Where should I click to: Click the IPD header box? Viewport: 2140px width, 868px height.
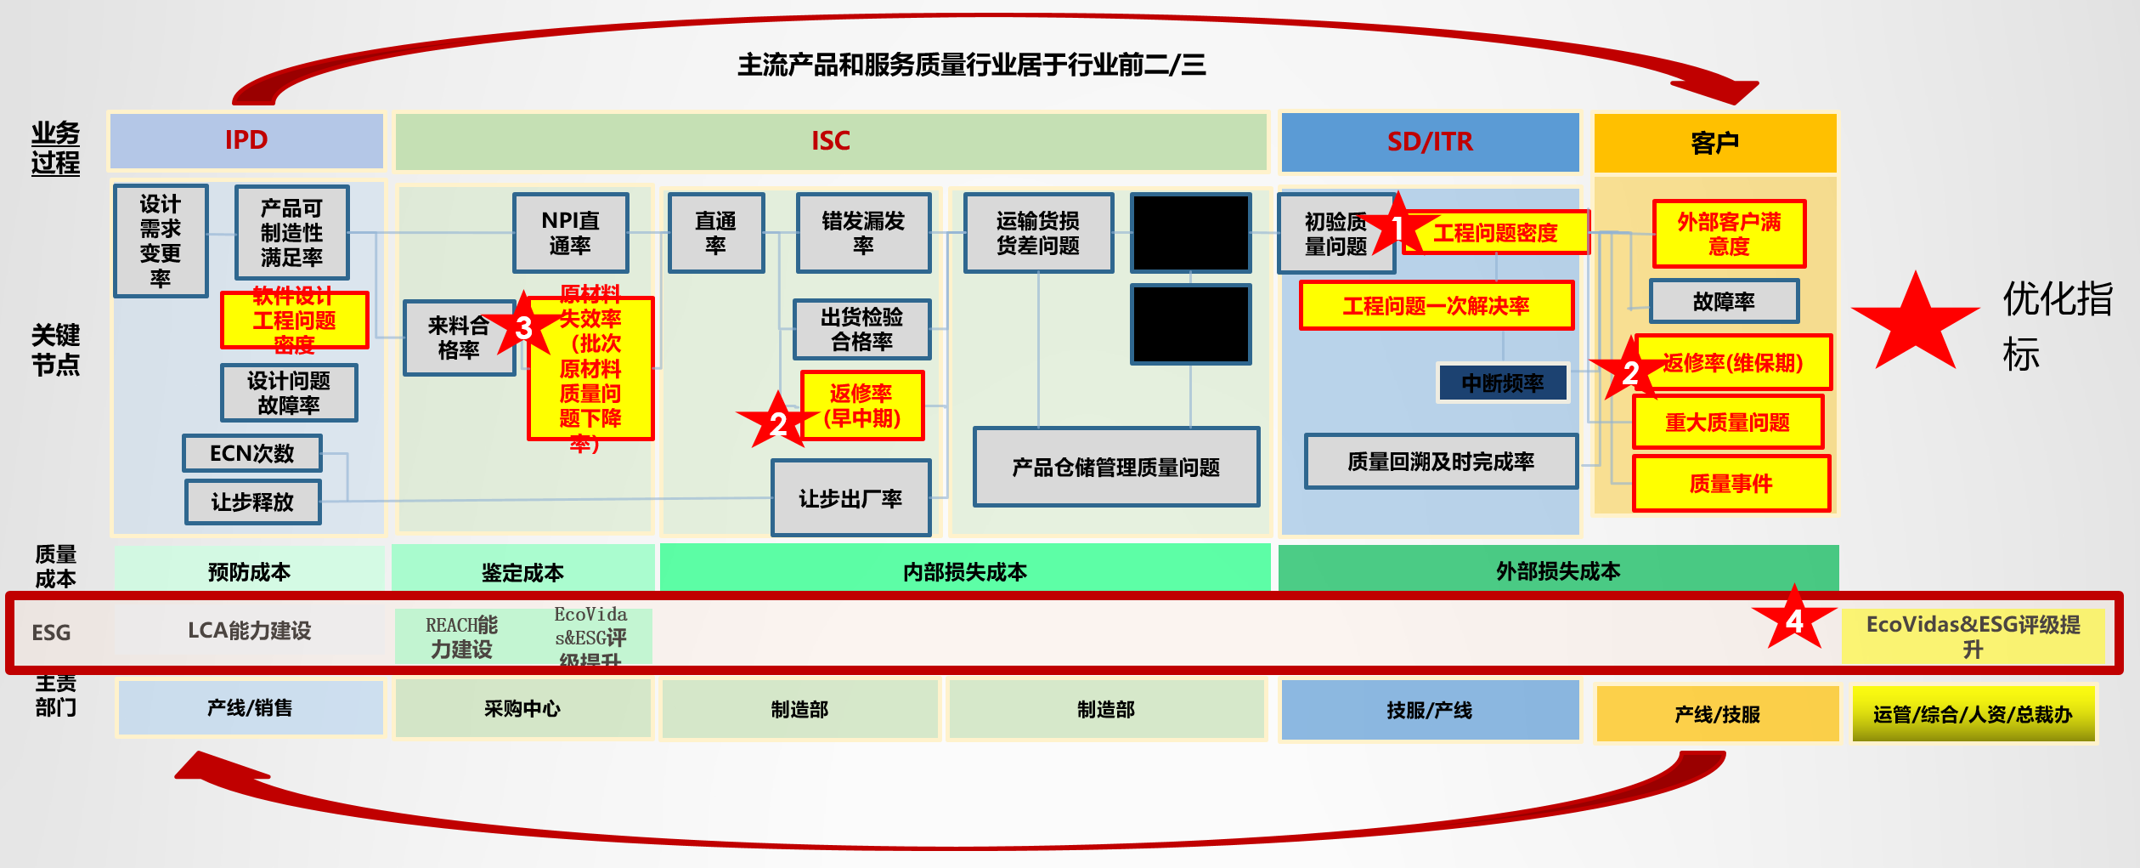coord(246,140)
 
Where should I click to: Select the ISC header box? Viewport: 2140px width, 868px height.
coord(830,141)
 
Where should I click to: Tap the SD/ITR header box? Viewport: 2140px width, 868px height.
coord(1430,142)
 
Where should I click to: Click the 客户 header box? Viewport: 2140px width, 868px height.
coord(1714,143)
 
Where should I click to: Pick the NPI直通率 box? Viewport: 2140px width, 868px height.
coord(570,233)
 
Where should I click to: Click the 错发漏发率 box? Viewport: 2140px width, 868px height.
coord(863,233)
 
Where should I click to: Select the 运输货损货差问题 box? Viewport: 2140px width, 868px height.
coord(1037,233)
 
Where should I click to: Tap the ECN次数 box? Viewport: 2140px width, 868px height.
coord(252,453)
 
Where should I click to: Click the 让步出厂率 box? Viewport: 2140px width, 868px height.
coord(850,498)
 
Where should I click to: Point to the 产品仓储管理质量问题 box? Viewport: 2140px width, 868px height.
coord(1115,467)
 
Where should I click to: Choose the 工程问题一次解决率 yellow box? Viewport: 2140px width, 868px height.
coord(1436,305)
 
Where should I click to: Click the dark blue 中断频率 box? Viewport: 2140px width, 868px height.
coord(1502,383)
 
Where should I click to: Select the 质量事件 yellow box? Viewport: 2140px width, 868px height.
coord(1731,484)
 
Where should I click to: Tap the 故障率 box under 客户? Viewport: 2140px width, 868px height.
coord(1724,301)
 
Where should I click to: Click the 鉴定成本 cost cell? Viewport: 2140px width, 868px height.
coord(522,572)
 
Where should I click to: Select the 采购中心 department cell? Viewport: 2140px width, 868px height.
coord(522,708)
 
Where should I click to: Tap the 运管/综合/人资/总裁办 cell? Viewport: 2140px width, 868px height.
coord(1973,714)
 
